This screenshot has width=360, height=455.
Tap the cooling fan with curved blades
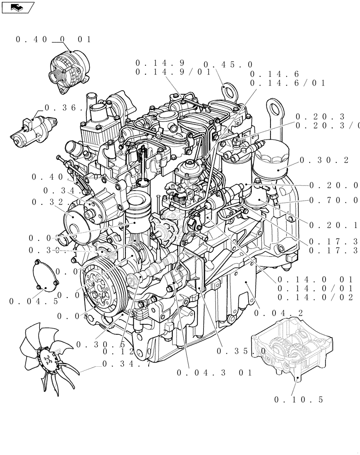coord(46,358)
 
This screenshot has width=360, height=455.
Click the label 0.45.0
coord(228,65)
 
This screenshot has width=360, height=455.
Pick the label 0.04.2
coord(279,313)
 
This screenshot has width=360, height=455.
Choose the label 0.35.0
coord(241,351)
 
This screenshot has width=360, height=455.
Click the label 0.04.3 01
coord(214,373)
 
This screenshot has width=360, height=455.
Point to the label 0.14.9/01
coord(173,72)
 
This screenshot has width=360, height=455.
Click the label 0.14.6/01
coord(288,83)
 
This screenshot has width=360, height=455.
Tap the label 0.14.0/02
coord(315,297)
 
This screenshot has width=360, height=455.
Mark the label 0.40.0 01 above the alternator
coord(53,40)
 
